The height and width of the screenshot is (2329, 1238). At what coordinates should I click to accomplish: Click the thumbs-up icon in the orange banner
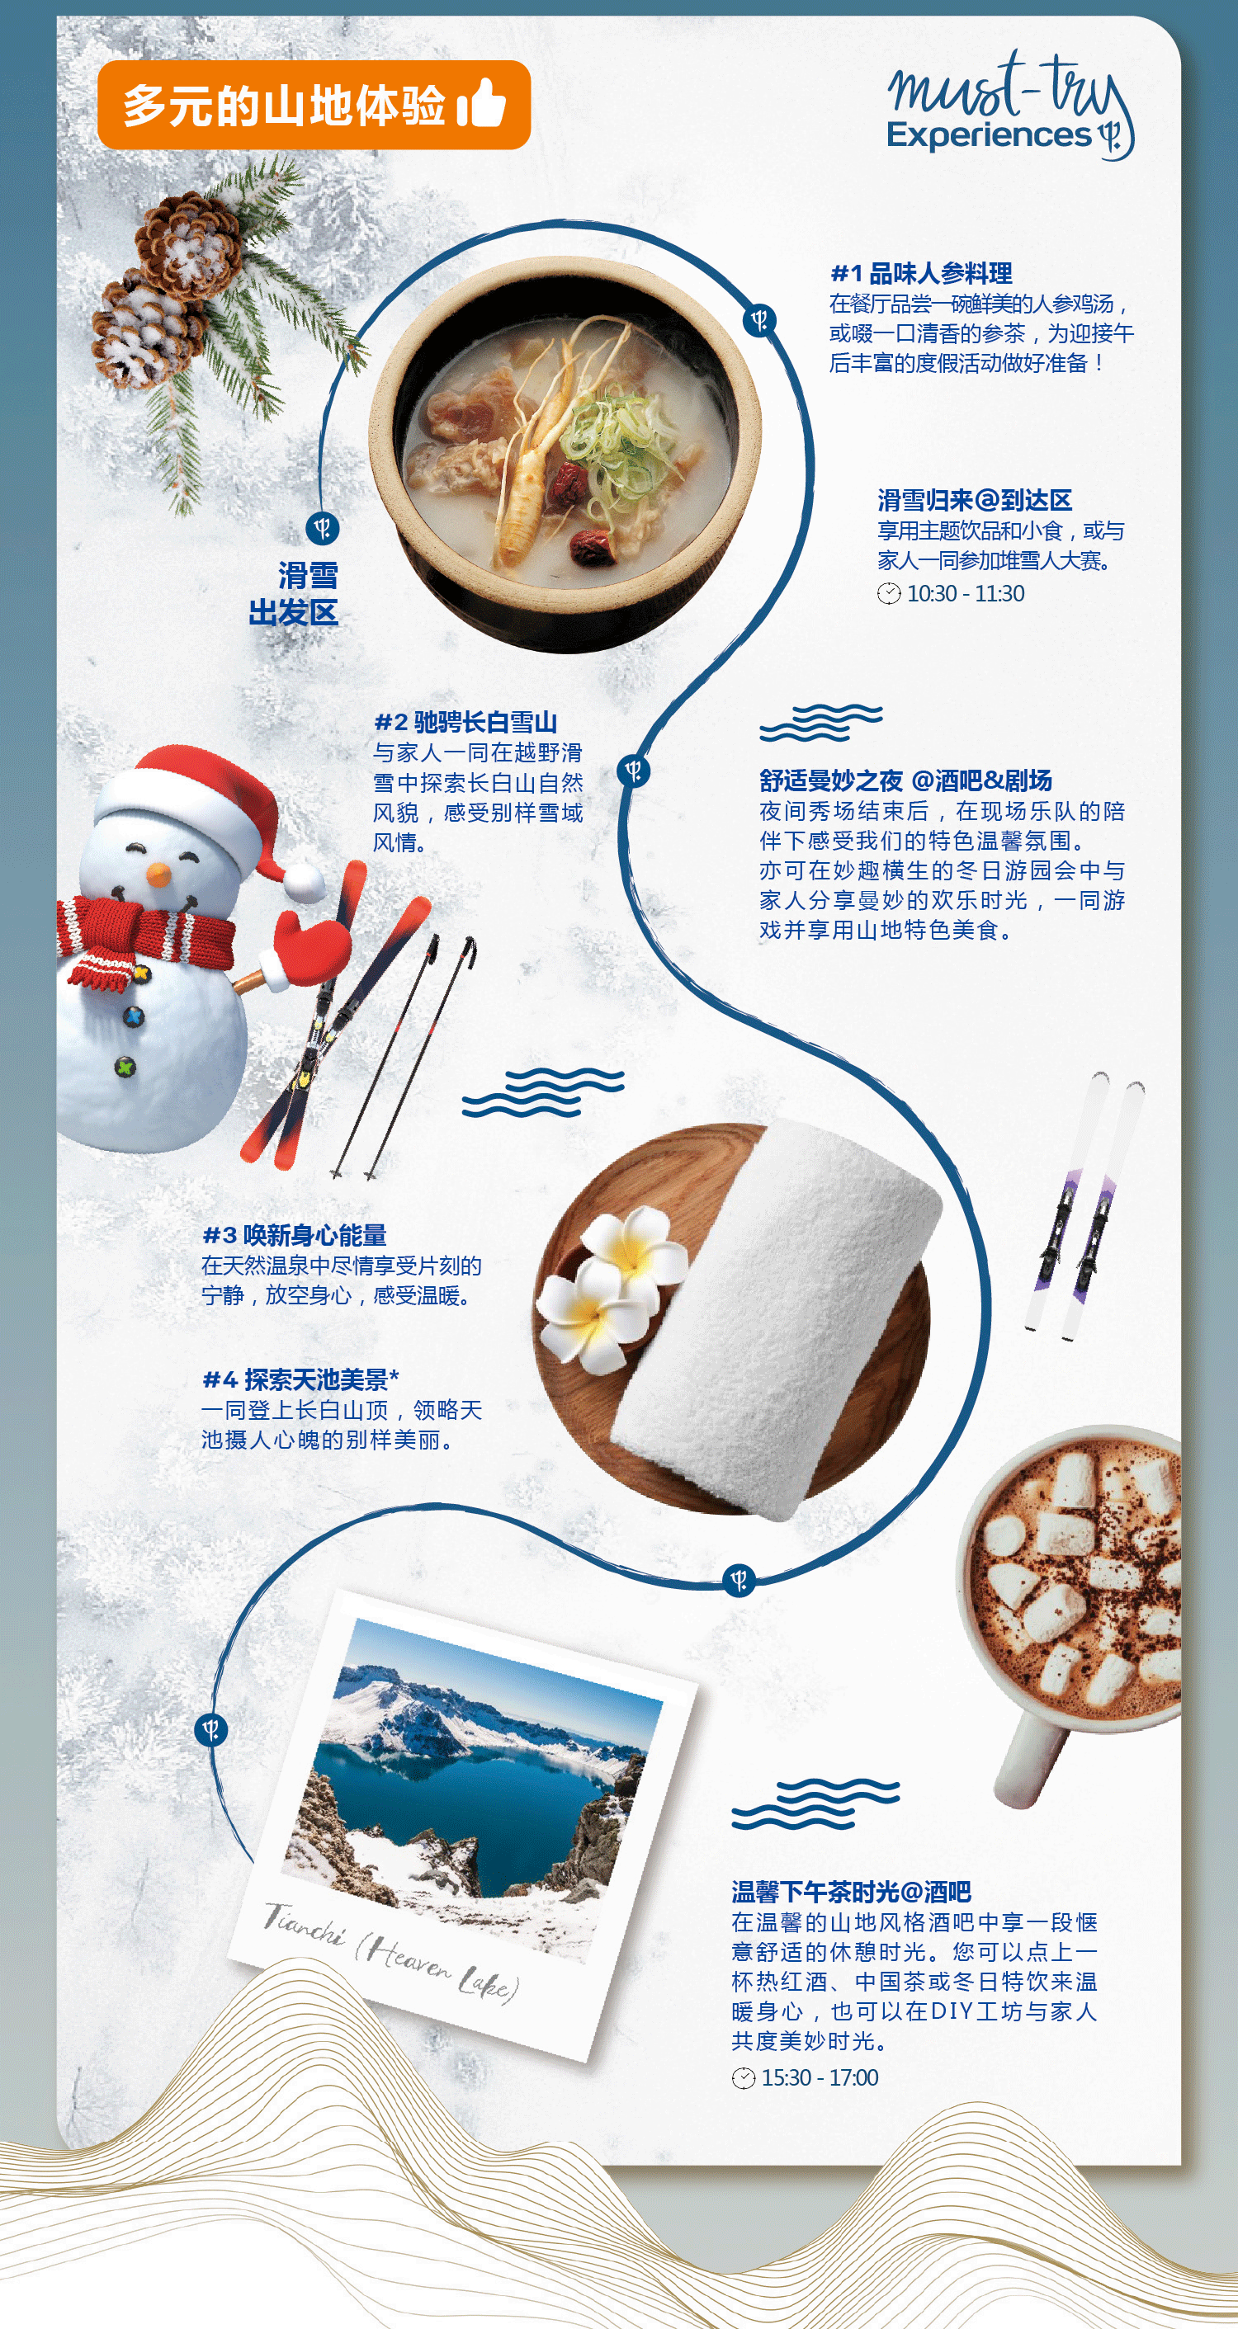click(x=481, y=102)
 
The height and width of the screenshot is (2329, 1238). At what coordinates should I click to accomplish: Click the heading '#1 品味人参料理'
click(x=920, y=273)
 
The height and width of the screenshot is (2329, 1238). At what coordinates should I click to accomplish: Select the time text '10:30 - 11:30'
click(x=965, y=593)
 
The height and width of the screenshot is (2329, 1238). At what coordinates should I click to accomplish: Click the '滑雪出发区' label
click(x=294, y=594)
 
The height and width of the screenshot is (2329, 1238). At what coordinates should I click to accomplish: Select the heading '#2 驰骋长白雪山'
click(x=465, y=722)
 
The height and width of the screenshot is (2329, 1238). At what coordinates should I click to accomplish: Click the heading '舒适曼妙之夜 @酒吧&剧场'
click(x=905, y=780)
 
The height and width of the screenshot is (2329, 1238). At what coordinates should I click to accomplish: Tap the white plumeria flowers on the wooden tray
click(x=611, y=1285)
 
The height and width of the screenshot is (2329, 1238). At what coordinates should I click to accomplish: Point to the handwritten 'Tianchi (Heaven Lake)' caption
click(x=390, y=1949)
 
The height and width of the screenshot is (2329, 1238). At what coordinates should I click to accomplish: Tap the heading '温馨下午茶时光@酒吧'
click(x=851, y=1892)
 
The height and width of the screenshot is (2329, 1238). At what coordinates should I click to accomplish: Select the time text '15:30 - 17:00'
click(x=820, y=2077)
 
